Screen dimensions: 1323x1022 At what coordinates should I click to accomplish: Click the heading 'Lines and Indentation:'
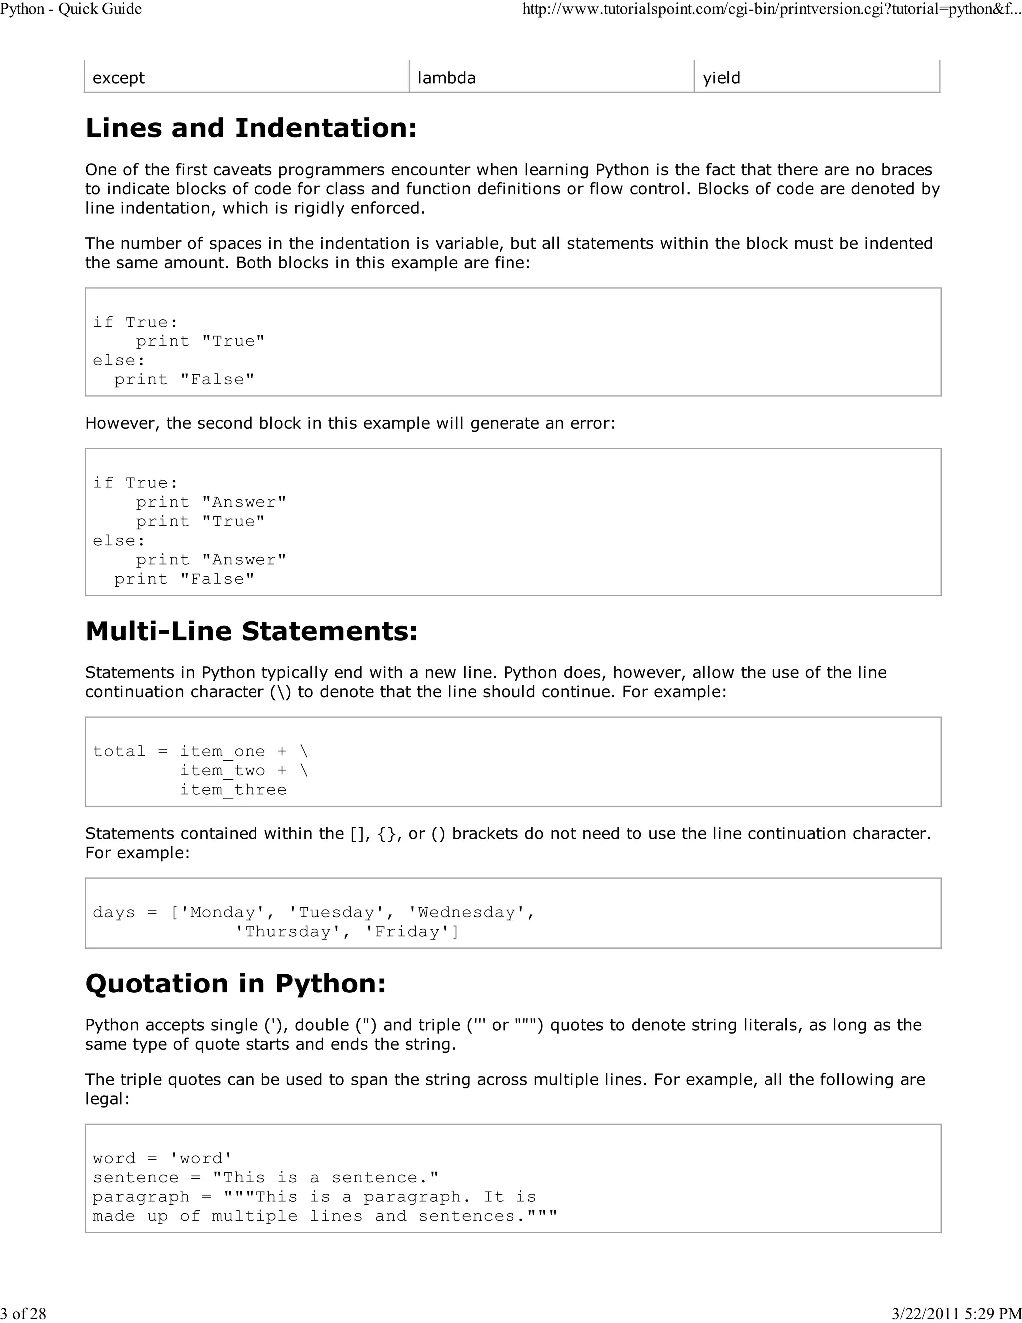click(x=252, y=128)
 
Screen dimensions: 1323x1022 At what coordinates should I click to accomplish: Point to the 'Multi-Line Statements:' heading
click(x=252, y=631)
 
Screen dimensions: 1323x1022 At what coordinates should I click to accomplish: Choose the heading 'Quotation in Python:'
click(x=236, y=983)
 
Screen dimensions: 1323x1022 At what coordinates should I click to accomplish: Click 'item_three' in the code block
click(x=233, y=789)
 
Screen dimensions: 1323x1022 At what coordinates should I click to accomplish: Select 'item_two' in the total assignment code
click(x=222, y=770)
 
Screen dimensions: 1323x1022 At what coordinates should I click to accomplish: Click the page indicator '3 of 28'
click(x=23, y=1313)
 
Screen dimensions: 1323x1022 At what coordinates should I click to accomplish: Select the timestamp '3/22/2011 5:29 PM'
click(x=957, y=1313)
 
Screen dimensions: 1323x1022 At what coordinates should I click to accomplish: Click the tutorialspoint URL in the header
click(x=770, y=9)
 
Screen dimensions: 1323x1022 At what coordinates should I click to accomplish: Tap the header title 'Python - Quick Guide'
click(x=71, y=9)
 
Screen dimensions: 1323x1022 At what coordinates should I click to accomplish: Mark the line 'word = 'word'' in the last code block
click(x=162, y=1158)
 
